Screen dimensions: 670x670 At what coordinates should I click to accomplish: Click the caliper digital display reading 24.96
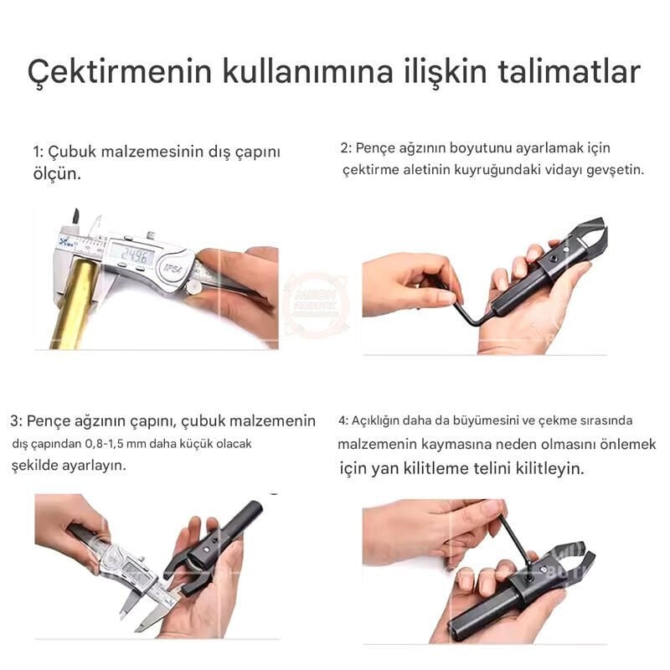(x=131, y=254)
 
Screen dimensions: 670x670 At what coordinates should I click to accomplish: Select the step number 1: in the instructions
(x=38, y=152)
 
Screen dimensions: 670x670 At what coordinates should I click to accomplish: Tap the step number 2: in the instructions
(x=347, y=148)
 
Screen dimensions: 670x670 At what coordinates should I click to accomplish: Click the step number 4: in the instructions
(x=343, y=420)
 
